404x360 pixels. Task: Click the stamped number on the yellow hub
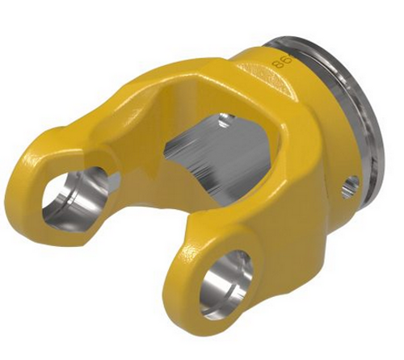(x=280, y=62)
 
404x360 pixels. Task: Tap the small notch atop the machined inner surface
(x=224, y=120)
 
